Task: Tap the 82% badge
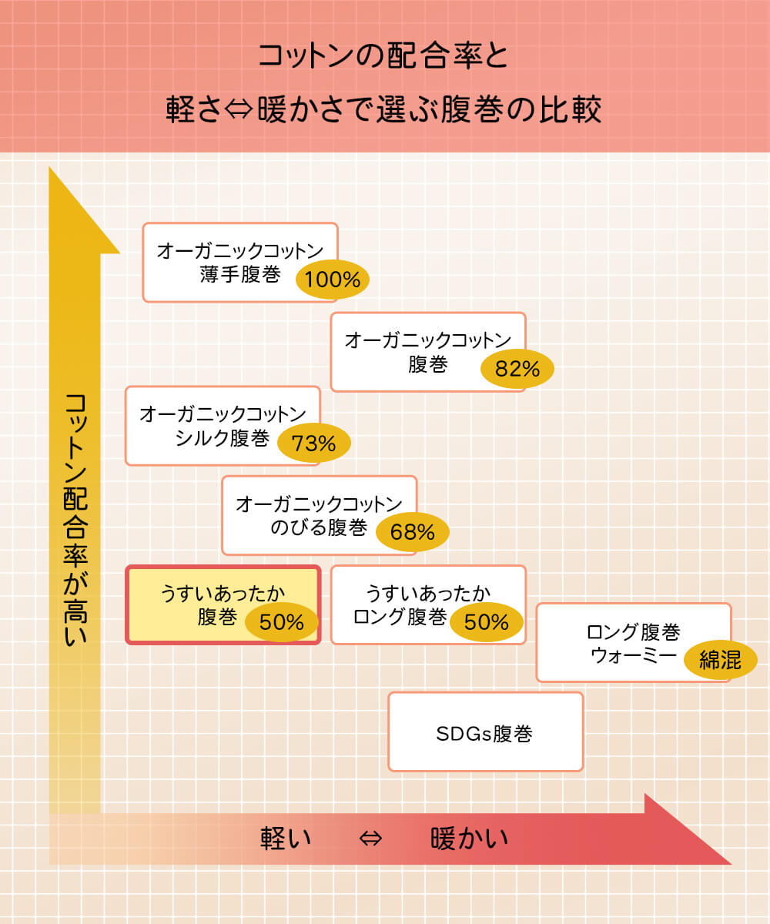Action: point(517,370)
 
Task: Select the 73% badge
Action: point(313,444)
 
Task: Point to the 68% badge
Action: point(413,532)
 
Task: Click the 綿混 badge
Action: point(720,660)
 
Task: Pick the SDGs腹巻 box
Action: point(485,732)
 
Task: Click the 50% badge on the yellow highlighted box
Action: point(282,621)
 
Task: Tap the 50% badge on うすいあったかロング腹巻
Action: point(487,621)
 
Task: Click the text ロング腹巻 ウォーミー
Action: point(633,644)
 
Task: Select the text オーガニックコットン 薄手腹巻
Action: point(239,263)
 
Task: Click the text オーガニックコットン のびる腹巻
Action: point(318,516)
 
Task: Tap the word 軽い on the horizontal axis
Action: point(286,838)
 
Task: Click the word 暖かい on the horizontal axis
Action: point(470,838)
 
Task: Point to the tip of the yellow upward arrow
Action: point(51,169)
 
